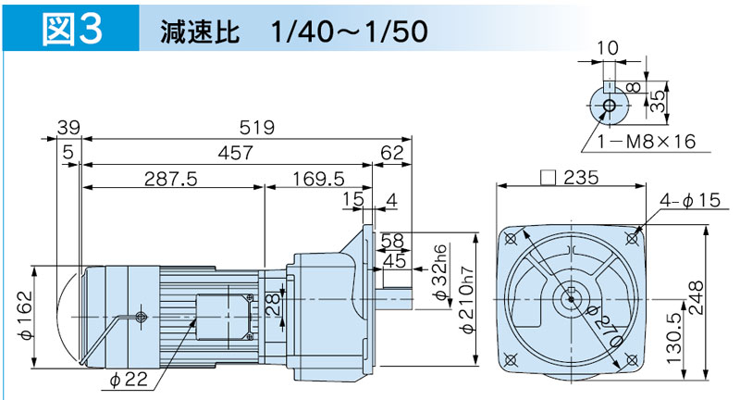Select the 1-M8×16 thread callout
(x=646, y=142)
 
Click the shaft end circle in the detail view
(x=609, y=107)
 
